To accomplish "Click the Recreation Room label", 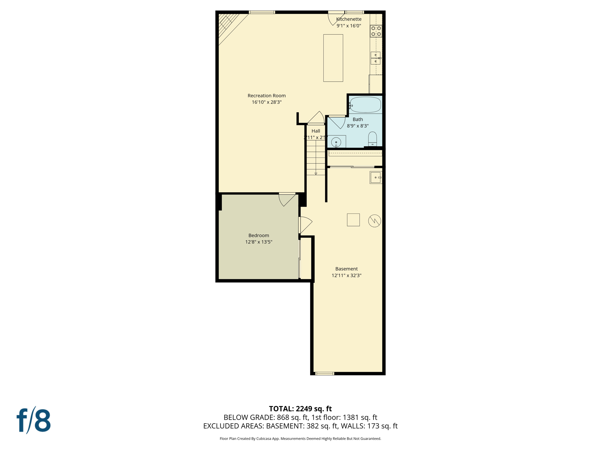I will click(266, 96).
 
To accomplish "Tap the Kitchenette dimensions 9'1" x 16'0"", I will click(349, 26).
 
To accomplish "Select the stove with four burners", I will click(376, 31).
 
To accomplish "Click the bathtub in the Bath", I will click(365, 105).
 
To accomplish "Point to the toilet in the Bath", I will click(372, 139).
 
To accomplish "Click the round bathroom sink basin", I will click(336, 142).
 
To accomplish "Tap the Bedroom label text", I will click(259, 235).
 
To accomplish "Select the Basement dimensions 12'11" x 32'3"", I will click(346, 275).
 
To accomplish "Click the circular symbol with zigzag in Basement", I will click(374, 221).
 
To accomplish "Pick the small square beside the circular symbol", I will click(353, 220).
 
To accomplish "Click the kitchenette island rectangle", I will click(333, 58).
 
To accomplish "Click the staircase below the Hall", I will click(316, 158).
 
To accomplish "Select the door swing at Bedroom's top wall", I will click(286, 199).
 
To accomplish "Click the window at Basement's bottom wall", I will click(325, 373).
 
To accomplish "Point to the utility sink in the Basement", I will click(376, 178).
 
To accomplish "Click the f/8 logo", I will click(34, 420).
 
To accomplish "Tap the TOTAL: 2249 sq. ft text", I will click(300, 409).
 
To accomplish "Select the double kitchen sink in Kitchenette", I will click(376, 58).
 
